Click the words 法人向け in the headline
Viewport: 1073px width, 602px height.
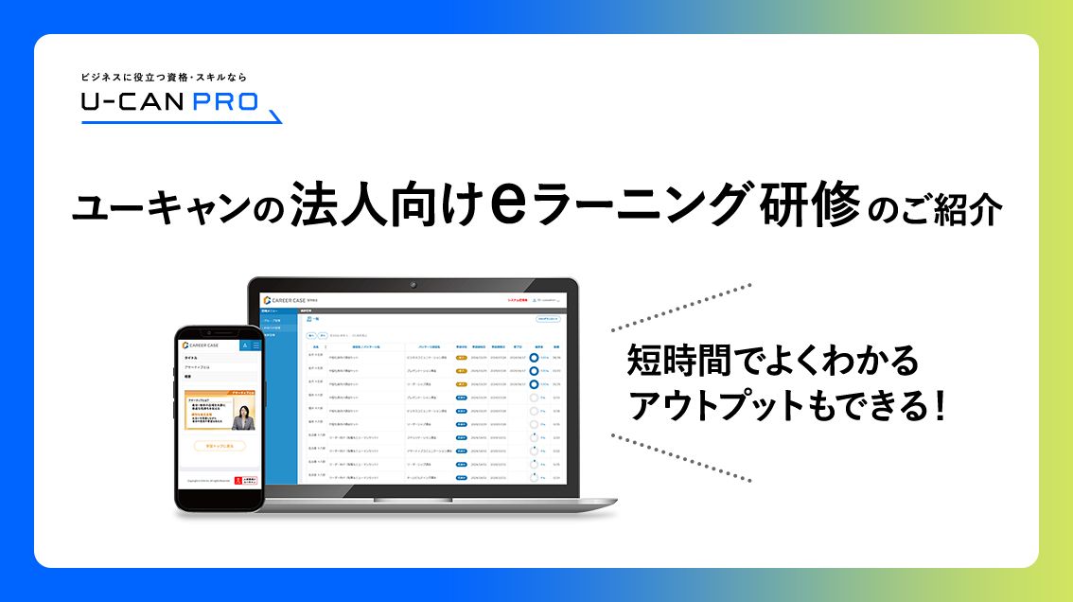pos(392,206)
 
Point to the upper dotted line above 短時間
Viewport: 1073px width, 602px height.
pos(681,307)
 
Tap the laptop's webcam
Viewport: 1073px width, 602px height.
pos(413,285)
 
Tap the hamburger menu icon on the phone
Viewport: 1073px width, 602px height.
pos(255,345)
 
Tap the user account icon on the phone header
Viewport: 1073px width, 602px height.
pos(243,345)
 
